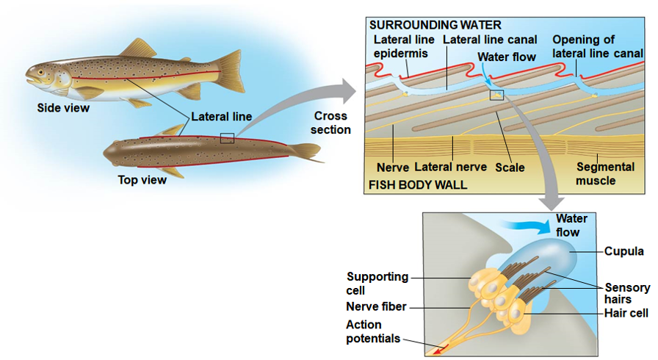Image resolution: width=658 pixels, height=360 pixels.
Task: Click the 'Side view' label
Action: tap(63, 108)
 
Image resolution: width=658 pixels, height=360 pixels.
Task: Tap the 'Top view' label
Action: tap(142, 180)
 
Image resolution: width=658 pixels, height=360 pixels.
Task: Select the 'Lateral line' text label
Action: tap(221, 116)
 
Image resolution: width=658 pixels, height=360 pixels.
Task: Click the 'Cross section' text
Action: tap(330, 123)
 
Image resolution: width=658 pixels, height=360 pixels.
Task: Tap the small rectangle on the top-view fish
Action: tap(227, 138)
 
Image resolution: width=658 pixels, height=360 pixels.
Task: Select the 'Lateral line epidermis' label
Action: tap(404, 46)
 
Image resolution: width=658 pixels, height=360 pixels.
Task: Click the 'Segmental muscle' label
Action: tap(605, 173)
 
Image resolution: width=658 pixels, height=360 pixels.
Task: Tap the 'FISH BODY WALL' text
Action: tap(417, 184)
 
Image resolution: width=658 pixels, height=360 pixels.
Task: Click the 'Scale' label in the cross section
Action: tap(510, 168)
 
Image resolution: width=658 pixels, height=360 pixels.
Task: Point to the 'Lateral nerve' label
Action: tap(450, 168)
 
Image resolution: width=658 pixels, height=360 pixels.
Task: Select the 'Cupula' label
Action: tap(623, 251)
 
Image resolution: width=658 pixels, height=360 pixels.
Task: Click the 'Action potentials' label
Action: tap(373, 331)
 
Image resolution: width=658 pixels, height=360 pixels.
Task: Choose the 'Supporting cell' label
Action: tap(377, 283)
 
